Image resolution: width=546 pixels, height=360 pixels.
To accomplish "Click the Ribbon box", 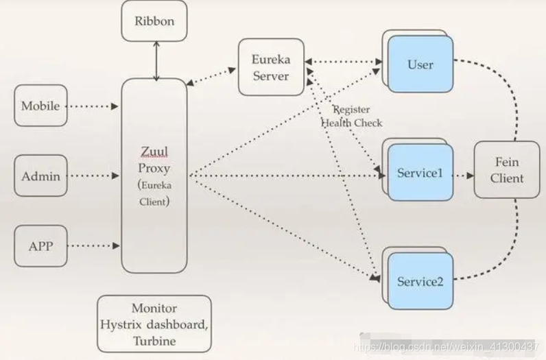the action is coord(154,21).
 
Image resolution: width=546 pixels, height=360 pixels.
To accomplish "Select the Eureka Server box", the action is coord(271,67).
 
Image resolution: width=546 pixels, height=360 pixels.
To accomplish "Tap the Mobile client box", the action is coord(40,106).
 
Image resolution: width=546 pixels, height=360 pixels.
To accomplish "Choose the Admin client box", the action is coord(40,176).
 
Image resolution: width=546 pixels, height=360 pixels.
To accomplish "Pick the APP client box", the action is coord(40,246).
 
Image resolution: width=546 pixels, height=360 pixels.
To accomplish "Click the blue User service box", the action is coord(420,64).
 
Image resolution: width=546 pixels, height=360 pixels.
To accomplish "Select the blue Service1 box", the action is coord(420,173).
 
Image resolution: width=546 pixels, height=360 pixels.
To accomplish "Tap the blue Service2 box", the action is coord(420,281).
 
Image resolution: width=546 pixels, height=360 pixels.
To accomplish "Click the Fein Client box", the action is coord(507,170).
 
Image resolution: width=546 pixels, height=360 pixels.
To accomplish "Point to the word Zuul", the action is coord(154,152).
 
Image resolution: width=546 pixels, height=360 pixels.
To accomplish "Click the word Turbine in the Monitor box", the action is coord(154,341).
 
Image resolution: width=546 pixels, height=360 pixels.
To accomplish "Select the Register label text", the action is coord(352,109).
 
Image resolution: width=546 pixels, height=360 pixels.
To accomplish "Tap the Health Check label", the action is coord(352,123).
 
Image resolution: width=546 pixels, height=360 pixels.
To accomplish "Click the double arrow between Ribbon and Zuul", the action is coord(156,61).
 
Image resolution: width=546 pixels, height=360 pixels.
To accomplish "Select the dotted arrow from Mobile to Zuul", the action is coord(93,106).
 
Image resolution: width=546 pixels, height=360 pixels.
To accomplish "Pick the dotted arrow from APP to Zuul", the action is coord(93,245).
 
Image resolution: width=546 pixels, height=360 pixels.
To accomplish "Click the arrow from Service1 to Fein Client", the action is coord(464,176).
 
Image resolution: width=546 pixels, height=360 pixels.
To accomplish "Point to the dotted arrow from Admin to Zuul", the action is coord(93,176).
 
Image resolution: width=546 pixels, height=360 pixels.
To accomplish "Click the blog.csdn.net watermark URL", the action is coord(447,347).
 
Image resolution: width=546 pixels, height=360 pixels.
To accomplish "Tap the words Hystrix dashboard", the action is coord(154,324).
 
